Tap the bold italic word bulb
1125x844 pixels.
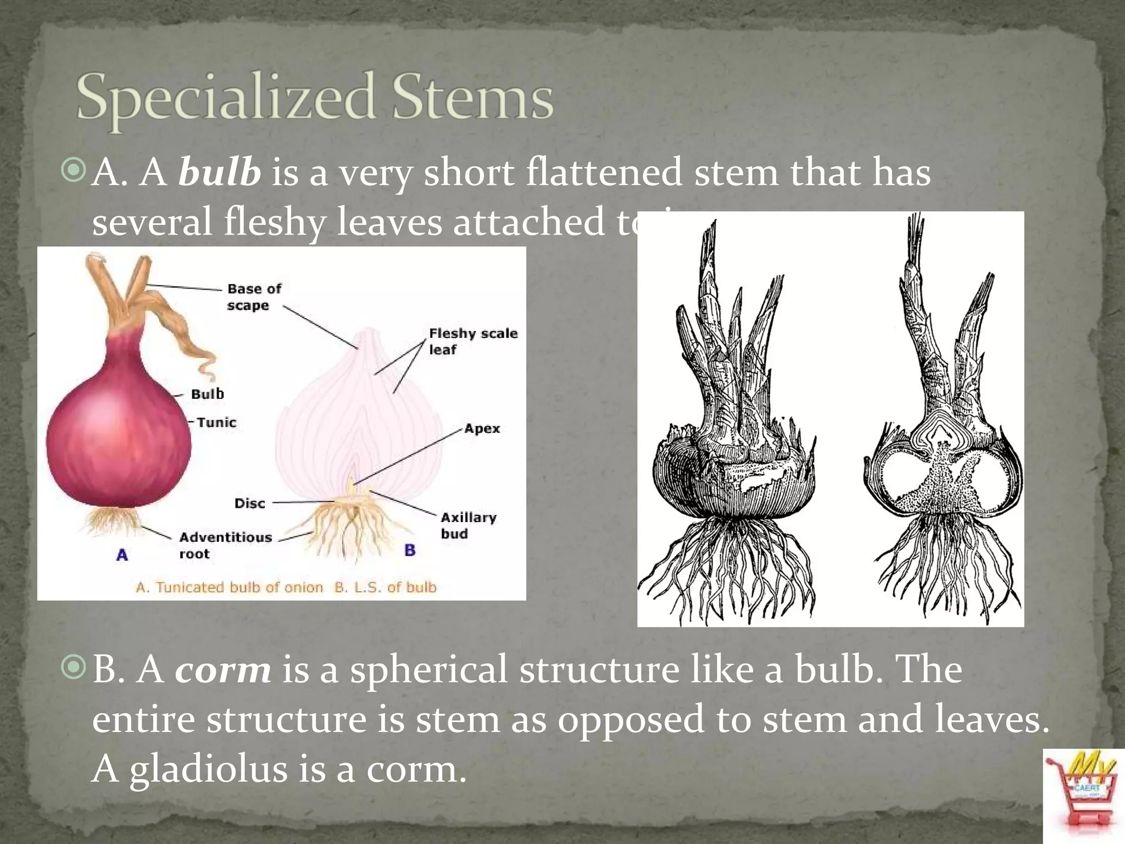[219, 173]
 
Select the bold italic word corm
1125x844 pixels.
[223, 670]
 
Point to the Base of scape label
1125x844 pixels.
[253, 297]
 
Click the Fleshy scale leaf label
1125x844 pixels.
[472, 341]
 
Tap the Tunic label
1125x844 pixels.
[216, 423]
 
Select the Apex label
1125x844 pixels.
[482, 429]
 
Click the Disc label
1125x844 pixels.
[249, 503]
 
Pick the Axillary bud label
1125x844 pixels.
[468, 525]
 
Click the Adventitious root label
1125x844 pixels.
[225, 545]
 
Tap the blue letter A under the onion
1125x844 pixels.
[122, 556]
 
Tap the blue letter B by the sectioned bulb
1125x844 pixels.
[410, 550]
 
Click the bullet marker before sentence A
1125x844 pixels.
[74, 171]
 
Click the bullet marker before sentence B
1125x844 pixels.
[74, 668]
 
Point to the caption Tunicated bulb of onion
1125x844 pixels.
[230, 587]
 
